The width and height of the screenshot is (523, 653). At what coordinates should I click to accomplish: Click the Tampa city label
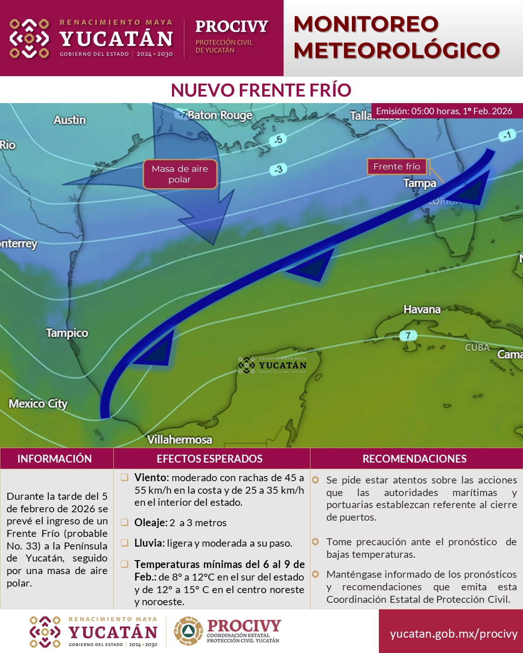420,183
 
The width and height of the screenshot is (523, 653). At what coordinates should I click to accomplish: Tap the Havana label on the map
422,309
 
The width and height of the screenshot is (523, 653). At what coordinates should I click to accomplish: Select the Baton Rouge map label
220,115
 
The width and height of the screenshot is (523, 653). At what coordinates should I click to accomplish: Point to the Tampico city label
67,333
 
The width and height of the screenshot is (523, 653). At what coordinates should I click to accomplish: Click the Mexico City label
38,404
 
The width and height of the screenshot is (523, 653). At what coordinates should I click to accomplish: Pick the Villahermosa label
179,439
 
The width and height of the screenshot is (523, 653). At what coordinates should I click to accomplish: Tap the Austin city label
70,120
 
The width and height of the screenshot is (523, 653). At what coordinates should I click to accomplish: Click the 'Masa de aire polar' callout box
180,174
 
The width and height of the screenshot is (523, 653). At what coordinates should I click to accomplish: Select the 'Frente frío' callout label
397,166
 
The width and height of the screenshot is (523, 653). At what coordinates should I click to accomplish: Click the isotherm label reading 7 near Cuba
408,335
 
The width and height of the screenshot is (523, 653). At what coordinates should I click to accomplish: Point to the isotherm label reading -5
278,139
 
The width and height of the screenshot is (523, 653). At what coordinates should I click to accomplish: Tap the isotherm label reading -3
278,170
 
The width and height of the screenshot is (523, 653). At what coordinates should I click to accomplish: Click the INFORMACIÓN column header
54,459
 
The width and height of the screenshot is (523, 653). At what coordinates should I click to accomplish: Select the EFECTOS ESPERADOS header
210,459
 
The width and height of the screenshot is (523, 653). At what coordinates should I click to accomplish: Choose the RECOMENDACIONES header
415,459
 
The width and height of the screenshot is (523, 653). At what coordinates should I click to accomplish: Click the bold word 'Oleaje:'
151,522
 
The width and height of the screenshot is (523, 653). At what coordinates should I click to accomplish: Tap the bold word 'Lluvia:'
149,543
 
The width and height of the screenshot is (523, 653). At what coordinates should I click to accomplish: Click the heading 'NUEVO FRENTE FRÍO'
261,90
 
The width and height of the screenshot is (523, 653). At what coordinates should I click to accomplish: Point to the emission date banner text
444,111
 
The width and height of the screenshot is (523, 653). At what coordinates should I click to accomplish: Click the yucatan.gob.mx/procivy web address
454,634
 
